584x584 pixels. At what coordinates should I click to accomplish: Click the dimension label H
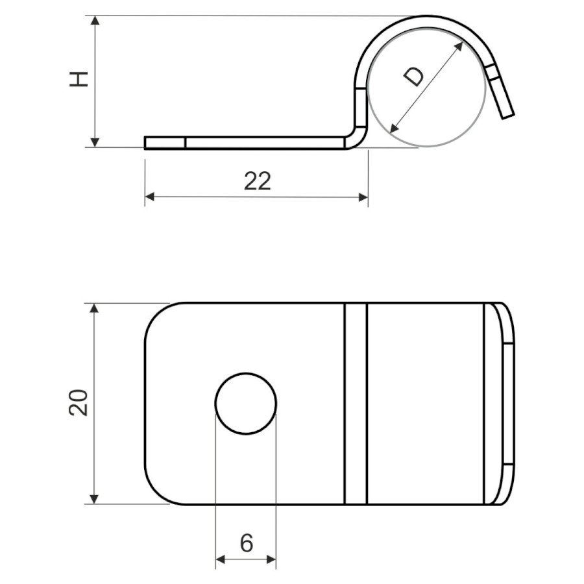coord(79,79)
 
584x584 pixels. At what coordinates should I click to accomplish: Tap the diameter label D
coord(413,77)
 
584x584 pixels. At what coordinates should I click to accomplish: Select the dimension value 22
coord(258,182)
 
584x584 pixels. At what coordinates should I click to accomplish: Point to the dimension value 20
coord(79,402)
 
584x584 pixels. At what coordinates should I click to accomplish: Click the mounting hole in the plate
coord(246,404)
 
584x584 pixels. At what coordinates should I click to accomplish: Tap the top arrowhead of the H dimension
coord(95,20)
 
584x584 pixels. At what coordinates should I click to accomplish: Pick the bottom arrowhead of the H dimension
coord(95,142)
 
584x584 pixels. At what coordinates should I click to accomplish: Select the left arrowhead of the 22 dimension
coord(149,197)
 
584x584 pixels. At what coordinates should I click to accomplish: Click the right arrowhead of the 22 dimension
coord(363,197)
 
